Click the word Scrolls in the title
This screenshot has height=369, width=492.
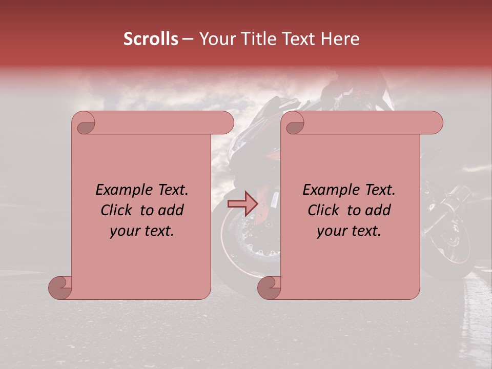[151, 39]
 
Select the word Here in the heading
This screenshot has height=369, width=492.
[341, 39]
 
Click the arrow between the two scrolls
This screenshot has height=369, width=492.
[243, 203]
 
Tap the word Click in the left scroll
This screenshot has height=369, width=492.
[117, 210]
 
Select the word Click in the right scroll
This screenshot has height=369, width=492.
[324, 210]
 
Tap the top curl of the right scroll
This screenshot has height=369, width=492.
[294, 123]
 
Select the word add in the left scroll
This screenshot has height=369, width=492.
[171, 210]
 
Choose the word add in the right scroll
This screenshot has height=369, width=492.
[378, 210]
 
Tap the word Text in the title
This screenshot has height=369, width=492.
[300, 39]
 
